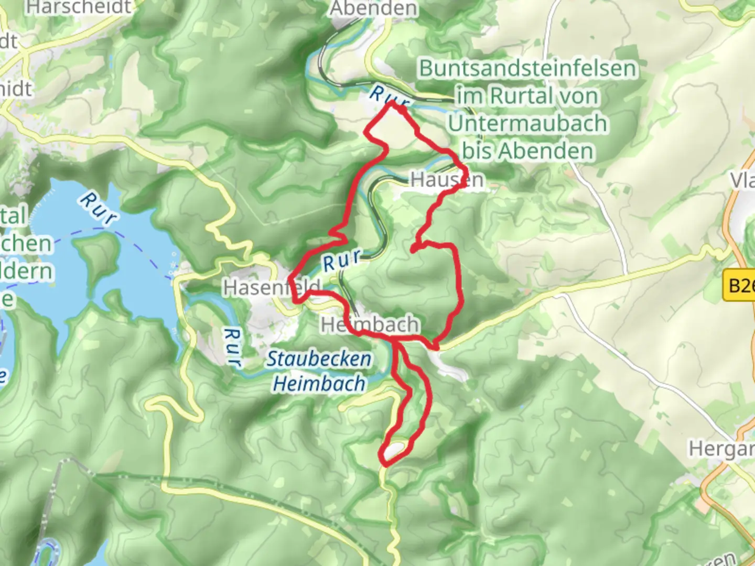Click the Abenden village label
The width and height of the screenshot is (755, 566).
tap(374, 8)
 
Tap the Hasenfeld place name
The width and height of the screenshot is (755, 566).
tap(271, 287)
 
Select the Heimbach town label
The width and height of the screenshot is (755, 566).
tap(370, 325)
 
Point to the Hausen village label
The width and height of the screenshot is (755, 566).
tap(447, 180)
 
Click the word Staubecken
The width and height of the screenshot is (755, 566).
tap(319, 359)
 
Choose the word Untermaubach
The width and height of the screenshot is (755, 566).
tap(527, 124)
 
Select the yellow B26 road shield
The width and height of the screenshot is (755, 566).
tap(739, 286)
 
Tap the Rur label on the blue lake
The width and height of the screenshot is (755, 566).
tap(98, 209)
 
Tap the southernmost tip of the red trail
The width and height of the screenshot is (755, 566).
tap(385, 464)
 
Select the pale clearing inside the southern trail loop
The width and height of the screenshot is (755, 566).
tap(396, 449)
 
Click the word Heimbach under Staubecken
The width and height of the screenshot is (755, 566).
tap(319, 384)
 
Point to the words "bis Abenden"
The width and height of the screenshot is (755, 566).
tap(528, 151)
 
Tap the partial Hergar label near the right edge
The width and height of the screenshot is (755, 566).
tap(721, 449)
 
